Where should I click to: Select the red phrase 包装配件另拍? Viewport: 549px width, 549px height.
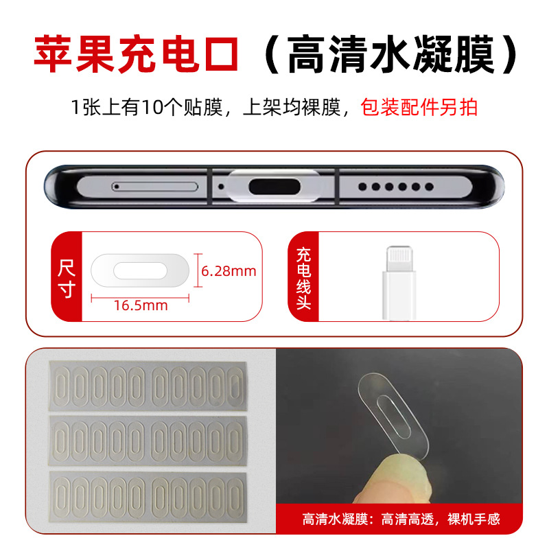tap(419, 108)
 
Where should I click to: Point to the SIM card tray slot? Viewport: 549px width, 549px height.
tap(154, 186)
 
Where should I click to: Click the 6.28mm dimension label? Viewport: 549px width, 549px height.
tap(229, 271)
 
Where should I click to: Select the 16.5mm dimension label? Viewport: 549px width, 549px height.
tap(141, 306)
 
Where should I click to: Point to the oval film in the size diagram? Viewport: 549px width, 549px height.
tap(140, 270)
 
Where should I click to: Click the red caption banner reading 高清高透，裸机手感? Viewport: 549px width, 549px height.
tap(401, 519)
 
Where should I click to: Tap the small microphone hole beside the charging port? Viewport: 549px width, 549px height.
tap(221, 186)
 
